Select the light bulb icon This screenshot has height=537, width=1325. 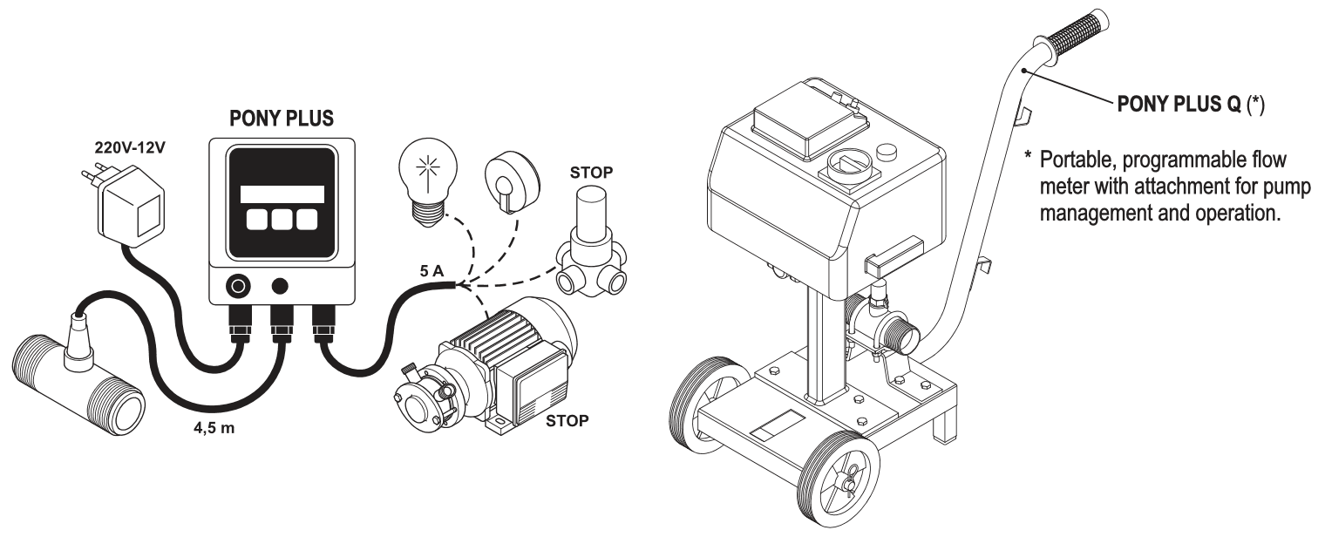426,178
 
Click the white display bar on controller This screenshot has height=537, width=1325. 282,194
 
